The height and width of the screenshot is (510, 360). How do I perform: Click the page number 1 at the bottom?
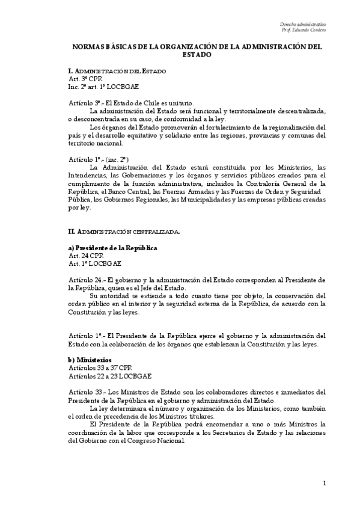[x=324, y=483]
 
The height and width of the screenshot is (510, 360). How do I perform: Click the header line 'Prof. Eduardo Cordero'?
[x=304, y=30]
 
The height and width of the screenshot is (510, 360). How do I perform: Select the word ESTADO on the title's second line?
[x=197, y=54]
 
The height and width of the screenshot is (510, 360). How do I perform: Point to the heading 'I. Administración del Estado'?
[x=117, y=72]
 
